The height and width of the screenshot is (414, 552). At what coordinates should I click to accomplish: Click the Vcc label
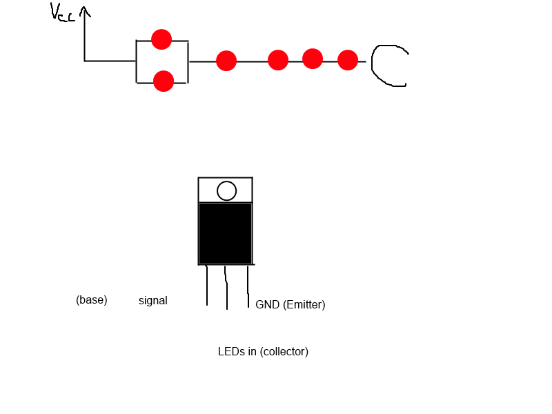(62, 12)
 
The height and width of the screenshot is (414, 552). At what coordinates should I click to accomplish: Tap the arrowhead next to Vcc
(84, 11)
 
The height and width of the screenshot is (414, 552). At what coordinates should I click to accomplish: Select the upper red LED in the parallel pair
(161, 39)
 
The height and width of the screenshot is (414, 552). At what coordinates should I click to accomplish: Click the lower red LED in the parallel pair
(164, 81)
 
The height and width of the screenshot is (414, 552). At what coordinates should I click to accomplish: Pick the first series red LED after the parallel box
(226, 61)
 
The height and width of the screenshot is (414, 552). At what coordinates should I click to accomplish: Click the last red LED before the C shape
(348, 60)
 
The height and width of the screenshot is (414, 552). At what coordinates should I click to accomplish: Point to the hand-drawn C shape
(373, 66)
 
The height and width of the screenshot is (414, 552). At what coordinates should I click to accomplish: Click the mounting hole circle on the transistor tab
(227, 191)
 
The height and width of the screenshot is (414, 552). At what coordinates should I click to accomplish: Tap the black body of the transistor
(226, 233)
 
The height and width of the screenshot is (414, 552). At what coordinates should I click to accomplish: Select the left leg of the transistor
(206, 285)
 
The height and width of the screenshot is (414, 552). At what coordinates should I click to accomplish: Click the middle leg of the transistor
(226, 288)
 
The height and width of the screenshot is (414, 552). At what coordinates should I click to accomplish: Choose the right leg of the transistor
(248, 286)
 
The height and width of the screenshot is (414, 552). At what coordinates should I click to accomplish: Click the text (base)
(92, 300)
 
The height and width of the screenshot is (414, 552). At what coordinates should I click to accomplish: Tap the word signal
(152, 301)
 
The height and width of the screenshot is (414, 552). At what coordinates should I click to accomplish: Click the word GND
(268, 304)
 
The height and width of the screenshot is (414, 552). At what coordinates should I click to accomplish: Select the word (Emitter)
(304, 304)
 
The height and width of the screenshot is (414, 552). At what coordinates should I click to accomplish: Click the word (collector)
(284, 351)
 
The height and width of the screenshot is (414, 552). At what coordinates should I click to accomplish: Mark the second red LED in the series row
(278, 60)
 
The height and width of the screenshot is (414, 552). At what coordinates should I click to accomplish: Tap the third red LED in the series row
(313, 59)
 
